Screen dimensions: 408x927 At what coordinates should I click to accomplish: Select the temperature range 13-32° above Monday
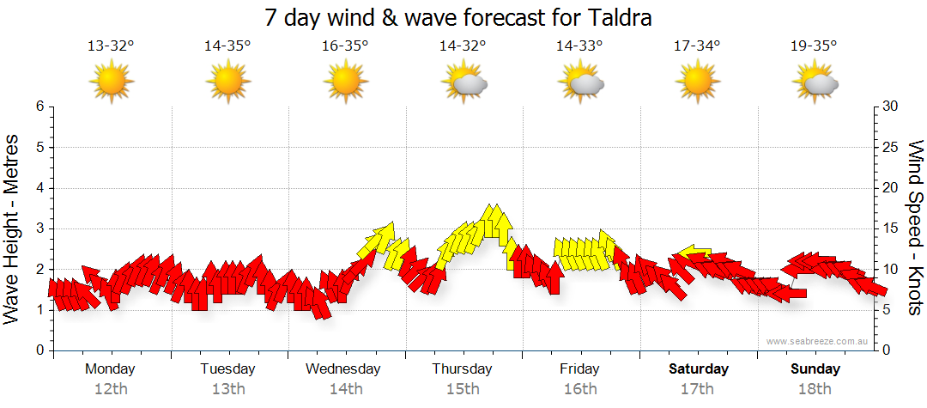pyautogui.click(x=111, y=46)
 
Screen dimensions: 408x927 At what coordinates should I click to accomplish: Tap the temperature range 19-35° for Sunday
pyautogui.click(x=815, y=46)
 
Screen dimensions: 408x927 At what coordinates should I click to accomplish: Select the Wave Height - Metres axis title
pyautogui.click(x=12, y=228)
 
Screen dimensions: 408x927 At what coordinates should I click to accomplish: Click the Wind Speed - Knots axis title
pyautogui.click(x=915, y=228)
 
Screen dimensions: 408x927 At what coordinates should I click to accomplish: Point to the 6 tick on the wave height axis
pyautogui.click(x=39, y=107)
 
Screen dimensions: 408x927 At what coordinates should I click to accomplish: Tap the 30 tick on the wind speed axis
pyautogui.click(x=891, y=107)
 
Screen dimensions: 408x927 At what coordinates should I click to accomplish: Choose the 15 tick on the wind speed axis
pyautogui.click(x=891, y=228)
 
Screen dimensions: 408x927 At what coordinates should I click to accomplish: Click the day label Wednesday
pyautogui.click(x=343, y=369)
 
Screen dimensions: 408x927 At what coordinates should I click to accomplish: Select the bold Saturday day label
pyautogui.click(x=699, y=369)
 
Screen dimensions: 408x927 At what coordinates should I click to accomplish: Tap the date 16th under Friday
pyautogui.click(x=580, y=389)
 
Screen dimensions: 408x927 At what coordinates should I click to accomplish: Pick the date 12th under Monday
pyautogui.click(x=111, y=389)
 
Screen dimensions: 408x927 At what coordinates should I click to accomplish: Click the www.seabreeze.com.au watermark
pyautogui.click(x=819, y=342)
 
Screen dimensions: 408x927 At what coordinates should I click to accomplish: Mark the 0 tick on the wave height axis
pyautogui.click(x=39, y=350)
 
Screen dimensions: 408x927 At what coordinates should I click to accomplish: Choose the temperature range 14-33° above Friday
pyautogui.click(x=580, y=46)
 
